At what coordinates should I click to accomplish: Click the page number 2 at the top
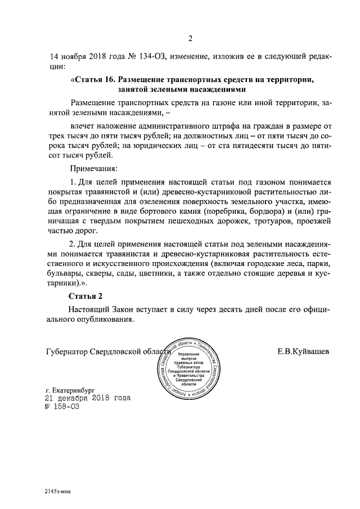[x=190, y=39]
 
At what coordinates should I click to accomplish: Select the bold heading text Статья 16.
[x=93, y=80]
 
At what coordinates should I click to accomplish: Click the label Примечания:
[x=93, y=168]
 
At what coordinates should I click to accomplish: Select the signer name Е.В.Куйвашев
[x=303, y=352]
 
